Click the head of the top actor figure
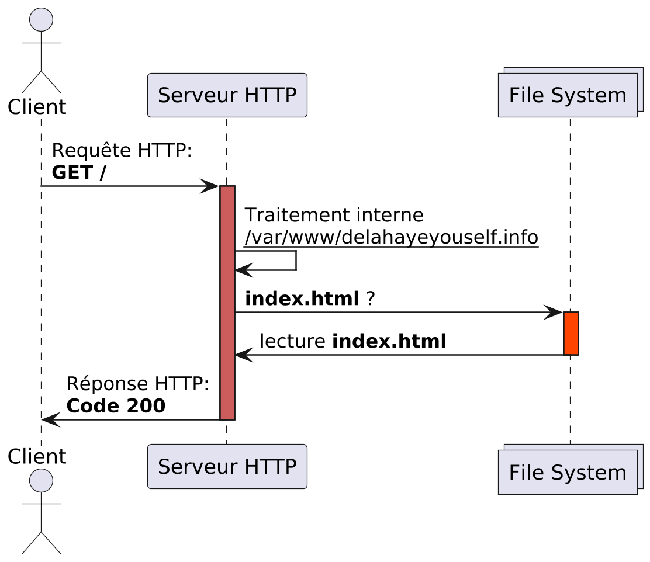[42, 20]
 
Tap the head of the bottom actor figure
[42, 480]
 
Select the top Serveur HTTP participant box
[227, 95]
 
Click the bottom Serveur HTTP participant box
[227, 466]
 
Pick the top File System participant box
[568, 95]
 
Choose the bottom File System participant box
[568, 471]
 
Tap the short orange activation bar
[571, 333]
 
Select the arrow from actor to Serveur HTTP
[129, 186]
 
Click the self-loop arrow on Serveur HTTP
[295, 261]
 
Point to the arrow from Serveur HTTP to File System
[397, 313]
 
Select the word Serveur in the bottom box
[197, 467]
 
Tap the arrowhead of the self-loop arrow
[243, 270]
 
